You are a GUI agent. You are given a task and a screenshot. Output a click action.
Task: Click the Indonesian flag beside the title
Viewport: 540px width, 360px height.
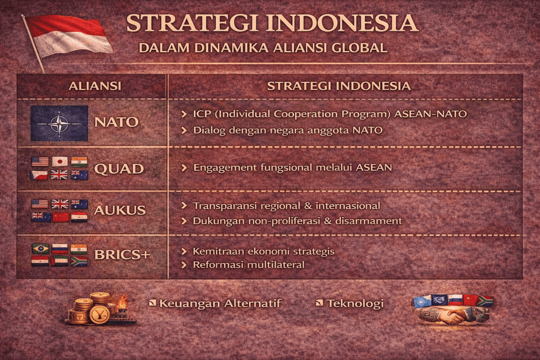point(69,36)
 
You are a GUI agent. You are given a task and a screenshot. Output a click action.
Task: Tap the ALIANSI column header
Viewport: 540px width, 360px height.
point(95,86)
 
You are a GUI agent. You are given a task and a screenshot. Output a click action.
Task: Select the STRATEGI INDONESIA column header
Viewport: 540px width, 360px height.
point(339,86)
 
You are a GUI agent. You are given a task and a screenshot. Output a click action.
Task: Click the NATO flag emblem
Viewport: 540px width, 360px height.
point(59,123)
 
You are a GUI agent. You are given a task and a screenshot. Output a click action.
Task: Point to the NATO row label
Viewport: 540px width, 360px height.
point(116,122)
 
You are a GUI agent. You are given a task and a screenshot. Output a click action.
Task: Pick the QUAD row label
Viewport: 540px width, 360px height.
point(119,169)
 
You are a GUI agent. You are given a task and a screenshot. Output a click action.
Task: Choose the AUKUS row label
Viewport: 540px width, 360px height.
point(120,210)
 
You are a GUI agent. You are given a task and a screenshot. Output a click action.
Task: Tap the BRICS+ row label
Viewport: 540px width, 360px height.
point(122,255)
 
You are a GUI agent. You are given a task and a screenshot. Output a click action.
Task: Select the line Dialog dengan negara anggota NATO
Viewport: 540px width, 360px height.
point(287,130)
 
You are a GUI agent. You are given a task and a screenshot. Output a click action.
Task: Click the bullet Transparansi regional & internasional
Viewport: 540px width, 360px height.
point(286,206)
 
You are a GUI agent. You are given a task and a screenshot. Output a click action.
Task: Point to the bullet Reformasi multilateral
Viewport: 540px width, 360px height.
point(248,264)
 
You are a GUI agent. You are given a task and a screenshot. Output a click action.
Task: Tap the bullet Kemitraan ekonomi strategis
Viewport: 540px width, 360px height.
point(264,251)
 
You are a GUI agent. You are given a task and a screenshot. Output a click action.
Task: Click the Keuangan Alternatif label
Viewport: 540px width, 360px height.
point(220,304)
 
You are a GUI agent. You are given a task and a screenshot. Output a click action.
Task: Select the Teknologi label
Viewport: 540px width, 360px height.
point(354,304)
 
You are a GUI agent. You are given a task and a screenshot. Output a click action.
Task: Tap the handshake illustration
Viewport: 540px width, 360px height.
point(452,315)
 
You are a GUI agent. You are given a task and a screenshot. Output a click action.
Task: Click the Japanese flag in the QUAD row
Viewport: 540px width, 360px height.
point(60,161)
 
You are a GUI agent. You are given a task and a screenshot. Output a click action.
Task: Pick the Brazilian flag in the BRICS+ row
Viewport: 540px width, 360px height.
point(40,248)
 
